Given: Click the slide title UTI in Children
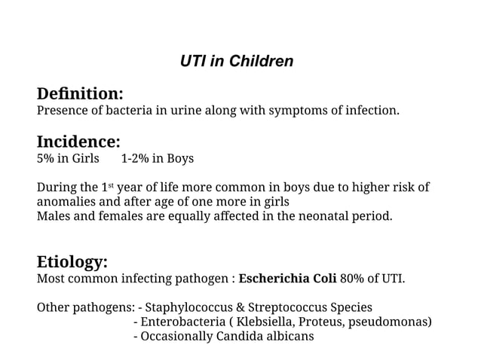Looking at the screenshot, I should (x=237, y=61).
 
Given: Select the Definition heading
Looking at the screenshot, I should (x=80, y=94).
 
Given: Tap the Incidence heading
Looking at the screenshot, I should (x=78, y=142).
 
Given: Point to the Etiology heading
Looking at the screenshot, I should (x=72, y=262).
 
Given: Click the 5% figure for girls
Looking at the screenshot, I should (x=46, y=159).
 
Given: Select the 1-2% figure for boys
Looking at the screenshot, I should (x=135, y=159).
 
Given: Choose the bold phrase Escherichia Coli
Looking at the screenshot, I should (x=287, y=279).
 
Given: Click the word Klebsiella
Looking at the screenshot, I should (x=267, y=322).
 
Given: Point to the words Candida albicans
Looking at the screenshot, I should (x=265, y=337).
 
